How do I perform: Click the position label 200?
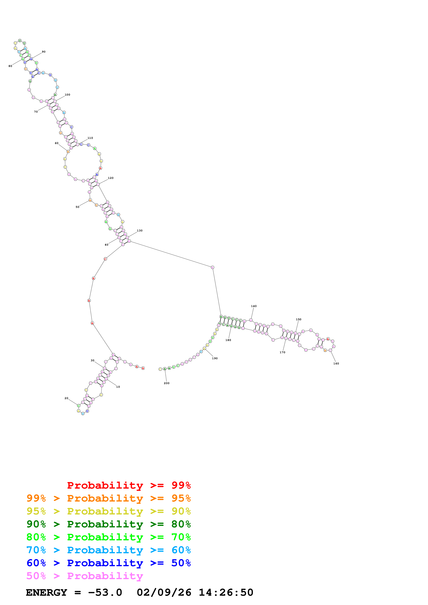tap(166, 383)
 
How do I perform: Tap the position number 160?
tap(336, 363)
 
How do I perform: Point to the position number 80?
tap(10, 66)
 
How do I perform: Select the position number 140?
tap(254, 306)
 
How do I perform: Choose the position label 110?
tap(90, 138)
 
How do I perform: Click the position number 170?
tap(282, 352)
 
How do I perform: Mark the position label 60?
tap(56, 143)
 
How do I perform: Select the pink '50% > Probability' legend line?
tap(85, 576)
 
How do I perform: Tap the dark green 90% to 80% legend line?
tap(108, 524)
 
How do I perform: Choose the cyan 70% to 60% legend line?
tap(108, 550)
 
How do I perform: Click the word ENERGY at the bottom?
tap(46, 593)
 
